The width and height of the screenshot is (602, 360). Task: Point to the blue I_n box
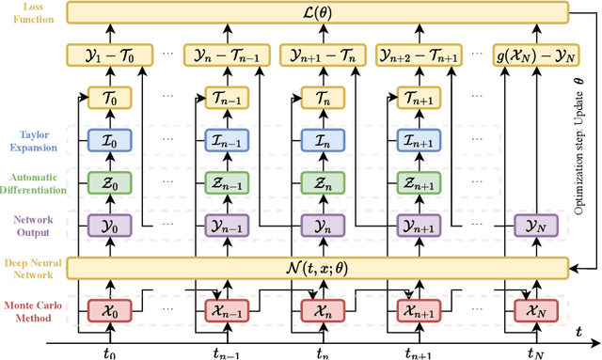(x=321, y=140)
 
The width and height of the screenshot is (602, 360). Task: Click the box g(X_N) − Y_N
(x=531, y=55)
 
